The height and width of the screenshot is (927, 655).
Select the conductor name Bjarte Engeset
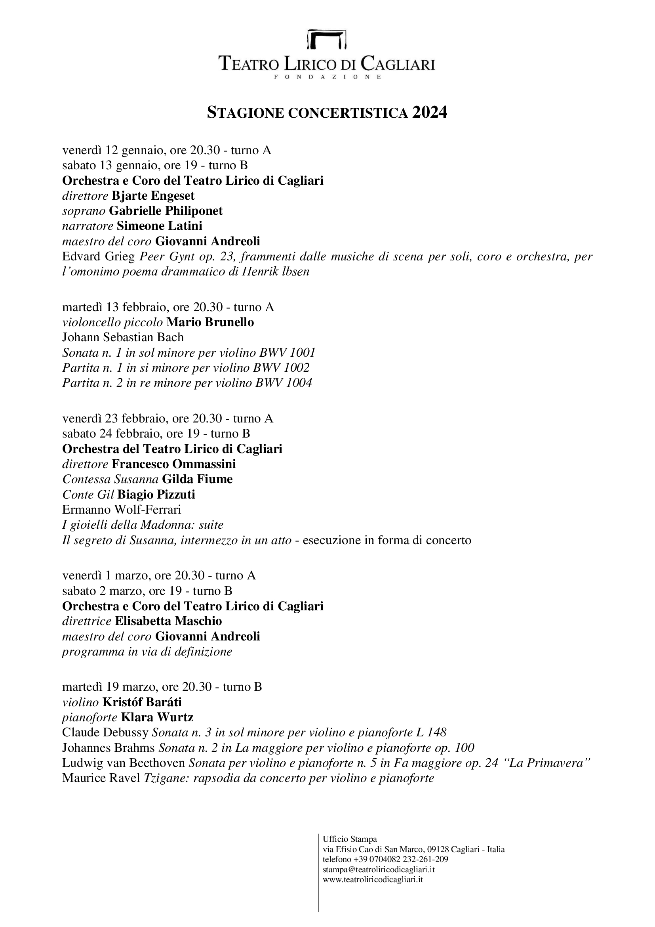tap(153, 196)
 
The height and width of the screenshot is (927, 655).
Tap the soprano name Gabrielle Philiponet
tap(166, 211)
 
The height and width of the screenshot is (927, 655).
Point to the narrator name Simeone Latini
tap(159, 226)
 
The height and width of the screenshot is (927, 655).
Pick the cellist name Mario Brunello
tap(210, 322)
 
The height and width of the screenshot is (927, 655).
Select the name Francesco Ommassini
tap(174, 464)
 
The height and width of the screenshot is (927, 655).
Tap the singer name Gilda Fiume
tap(197, 479)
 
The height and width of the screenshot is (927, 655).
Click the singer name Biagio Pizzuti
tap(156, 494)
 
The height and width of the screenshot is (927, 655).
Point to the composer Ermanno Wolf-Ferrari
tap(122, 510)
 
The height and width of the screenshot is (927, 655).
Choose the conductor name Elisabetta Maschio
tap(169, 621)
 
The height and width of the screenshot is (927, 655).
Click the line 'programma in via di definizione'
tap(147, 652)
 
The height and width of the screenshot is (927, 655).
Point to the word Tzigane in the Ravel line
tap(166, 778)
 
